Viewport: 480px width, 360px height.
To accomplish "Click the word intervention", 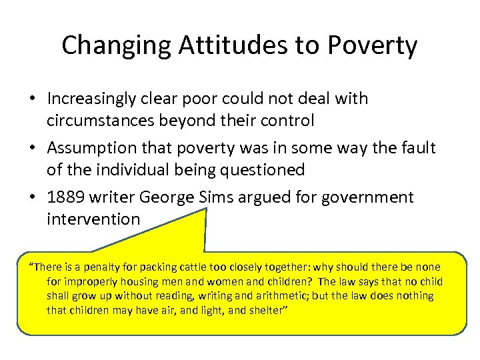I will tap(93, 219).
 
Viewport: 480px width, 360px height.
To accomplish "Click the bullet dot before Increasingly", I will tap(32, 99).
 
